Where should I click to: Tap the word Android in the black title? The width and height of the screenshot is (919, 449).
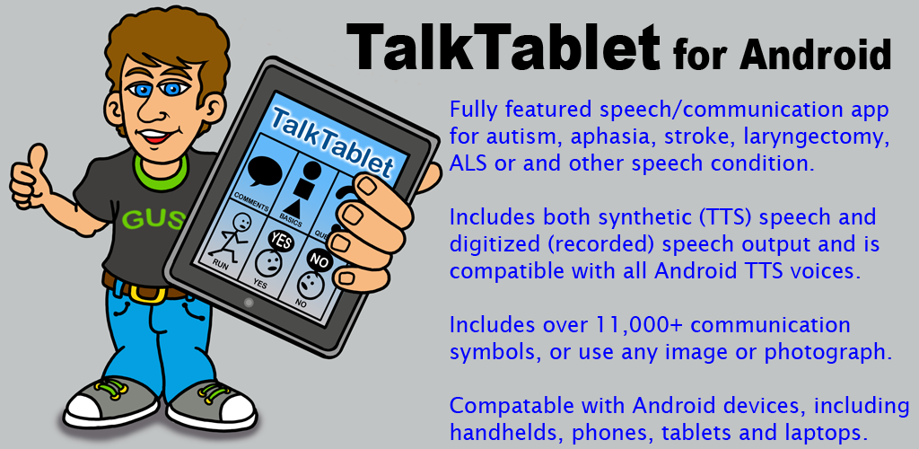tap(815, 55)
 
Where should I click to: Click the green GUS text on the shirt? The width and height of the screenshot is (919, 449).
tap(153, 220)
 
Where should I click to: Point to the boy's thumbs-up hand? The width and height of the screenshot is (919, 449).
tap(31, 178)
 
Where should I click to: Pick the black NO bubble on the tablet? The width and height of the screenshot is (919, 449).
tap(319, 261)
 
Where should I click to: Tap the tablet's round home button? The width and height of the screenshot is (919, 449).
tap(249, 303)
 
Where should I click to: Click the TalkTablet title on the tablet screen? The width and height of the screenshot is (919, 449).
tap(332, 141)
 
